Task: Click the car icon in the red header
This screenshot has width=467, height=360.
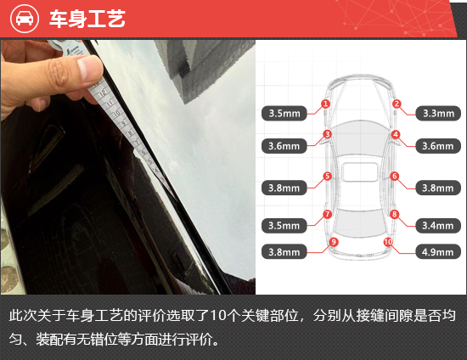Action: (25, 19)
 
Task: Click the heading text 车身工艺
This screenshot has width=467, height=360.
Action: (87, 19)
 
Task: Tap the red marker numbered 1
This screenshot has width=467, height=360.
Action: (325, 104)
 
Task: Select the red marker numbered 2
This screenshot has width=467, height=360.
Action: (397, 104)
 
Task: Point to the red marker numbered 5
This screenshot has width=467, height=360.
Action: (327, 176)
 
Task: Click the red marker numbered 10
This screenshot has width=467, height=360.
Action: (388, 242)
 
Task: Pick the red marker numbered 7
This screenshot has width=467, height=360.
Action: (327, 214)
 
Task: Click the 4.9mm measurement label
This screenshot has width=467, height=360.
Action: (438, 251)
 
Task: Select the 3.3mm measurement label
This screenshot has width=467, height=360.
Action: (438, 113)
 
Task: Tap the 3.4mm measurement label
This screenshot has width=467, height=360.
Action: (438, 225)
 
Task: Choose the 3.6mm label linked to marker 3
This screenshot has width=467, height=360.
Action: (284, 146)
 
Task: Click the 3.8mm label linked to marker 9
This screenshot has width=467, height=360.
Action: (284, 251)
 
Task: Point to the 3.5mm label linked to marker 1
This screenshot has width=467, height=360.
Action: (284, 113)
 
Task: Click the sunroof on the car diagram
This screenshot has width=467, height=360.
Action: (360, 172)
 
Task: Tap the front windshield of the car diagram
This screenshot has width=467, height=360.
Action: (361, 133)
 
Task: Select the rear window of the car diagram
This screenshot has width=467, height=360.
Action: (359, 222)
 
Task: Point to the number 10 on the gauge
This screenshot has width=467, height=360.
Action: (116, 113)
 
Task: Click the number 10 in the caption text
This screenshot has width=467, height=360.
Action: (217, 316)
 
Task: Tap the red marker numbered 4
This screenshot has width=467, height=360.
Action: (396, 134)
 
